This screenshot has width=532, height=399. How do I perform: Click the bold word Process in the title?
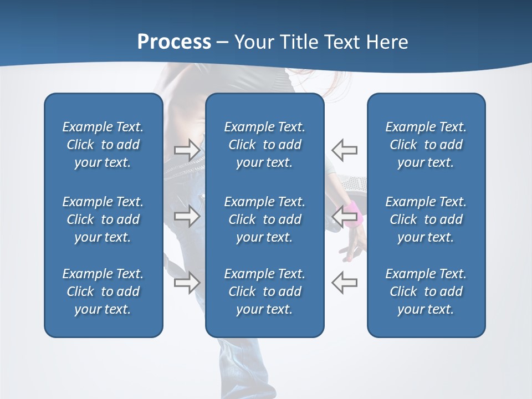(174, 42)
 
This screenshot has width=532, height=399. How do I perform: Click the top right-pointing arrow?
(187, 150)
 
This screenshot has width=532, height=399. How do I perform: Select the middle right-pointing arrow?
(187, 216)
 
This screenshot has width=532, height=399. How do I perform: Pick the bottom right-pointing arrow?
(187, 282)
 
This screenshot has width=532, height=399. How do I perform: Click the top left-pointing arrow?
(344, 150)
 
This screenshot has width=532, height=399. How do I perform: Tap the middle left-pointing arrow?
(344, 216)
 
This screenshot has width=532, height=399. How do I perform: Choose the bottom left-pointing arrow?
(344, 282)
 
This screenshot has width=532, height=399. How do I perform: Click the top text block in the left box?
(103, 145)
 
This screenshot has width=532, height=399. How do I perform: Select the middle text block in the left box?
(103, 219)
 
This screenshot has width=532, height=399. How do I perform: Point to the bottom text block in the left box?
(103, 291)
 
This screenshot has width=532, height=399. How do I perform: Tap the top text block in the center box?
(264, 145)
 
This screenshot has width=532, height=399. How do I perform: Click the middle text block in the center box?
(264, 219)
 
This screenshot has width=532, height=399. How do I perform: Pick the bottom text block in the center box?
(264, 291)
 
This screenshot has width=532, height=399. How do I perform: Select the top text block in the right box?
(426, 145)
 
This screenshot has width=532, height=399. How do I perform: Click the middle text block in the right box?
(426, 219)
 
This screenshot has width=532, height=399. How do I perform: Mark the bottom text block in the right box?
(426, 291)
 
